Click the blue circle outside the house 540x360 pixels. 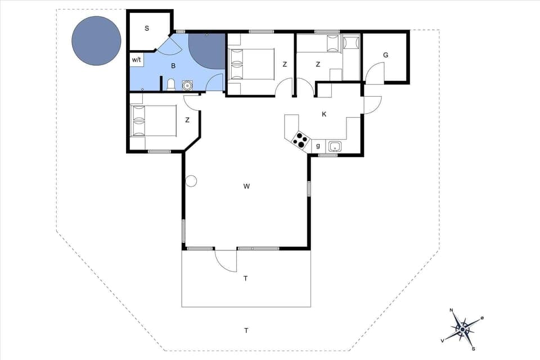pyautogui.click(x=96, y=40)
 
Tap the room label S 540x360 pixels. pyautogui.click(x=147, y=28)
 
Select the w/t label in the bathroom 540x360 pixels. pyautogui.click(x=137, y=59)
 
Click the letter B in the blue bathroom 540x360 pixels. pyautogui.click(x=173, y=66)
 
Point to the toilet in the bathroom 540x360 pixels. pyautogui.click(x=171, y=85)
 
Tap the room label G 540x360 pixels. pyautogui.click(x=385, y=55)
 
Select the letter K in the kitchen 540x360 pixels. pyautogui.click(x=324, y=114)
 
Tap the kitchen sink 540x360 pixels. pyautogui.click(x=335, y=146)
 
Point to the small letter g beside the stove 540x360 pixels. pyautogui.click(x=318, y=146)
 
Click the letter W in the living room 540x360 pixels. pyautogui.click(x=246, y=186)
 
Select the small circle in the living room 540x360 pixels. pyautogui.click(x=191, y=181)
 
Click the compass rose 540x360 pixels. pyautogui.click(x=462, y=328)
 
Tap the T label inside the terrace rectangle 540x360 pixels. pyautogui.click(x=246, y=278)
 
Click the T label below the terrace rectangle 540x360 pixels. pyautogui.click(x=246, y=330)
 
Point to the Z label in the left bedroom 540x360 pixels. pyautogui.click(x=187, y=119)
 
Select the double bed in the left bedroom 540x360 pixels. pyautogui.click(x=146, y=120)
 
